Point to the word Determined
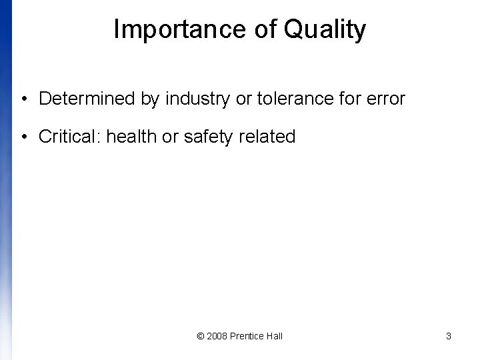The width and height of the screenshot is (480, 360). coord(87,99)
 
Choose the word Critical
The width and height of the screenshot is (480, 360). coord(69,137)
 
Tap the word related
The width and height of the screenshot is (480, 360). coord(267,137)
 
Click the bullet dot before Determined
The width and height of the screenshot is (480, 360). coord(23,100)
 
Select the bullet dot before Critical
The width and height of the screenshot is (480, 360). coord(23,138)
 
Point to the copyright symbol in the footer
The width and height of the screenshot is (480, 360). coord(201,336)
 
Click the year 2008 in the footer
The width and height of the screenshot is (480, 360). coord(217,336)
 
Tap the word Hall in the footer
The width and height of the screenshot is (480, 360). coord(274,336)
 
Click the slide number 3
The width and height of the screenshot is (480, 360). coord(449,336)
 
